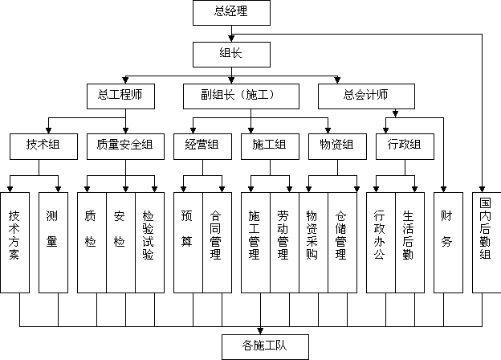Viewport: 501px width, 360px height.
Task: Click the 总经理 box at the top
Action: pyautogui.click(x=231, y=13)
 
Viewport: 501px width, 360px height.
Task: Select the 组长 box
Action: pyautogui.click(x=231, y=55)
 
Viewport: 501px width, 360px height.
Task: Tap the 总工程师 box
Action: pyautogui.click(x=120, y=96)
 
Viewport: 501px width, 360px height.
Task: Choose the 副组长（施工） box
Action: pyautogui.click(x=241, y=96)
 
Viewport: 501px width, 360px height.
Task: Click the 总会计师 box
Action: pyautogui.click(x=366, y=96)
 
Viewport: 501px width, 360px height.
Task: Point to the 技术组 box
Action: pyautogui.click(x=43, y=146)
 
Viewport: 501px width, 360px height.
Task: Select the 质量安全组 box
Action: pyautogui.click(x=125, y=146)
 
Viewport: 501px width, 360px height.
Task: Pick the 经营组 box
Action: pyautogui.click(x=202, y=146)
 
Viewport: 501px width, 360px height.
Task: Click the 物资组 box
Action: pyautogui.click(x=337, y=146)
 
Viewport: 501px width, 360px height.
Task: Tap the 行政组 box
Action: pyautogui.click(x=405, y=146)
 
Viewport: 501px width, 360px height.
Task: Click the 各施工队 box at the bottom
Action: pyautogui.click(x=265, y=347)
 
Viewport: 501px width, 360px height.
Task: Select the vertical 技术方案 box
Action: pyautogui.click(x=14, y=243)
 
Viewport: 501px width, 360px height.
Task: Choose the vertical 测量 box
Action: pyautogui.click(x=53, y=243)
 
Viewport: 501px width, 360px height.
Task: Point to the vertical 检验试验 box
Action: pyautogui.click(x=150, y=243)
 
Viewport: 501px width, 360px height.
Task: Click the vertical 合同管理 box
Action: pyautogui.click(x=218, y=243)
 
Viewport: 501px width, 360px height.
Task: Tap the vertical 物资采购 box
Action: pyautogui.click(x=313, y=243)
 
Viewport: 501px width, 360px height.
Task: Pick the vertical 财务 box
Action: pyautogui.click(x=448, y=243)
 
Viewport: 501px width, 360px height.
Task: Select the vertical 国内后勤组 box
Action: pyautogui.click(x=487, y=243)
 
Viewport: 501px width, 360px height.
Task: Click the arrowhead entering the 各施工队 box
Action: pyautogui.click(x=260, y=331)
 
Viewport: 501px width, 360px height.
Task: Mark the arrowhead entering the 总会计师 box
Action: pyautogui.click(x=337, y=80)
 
